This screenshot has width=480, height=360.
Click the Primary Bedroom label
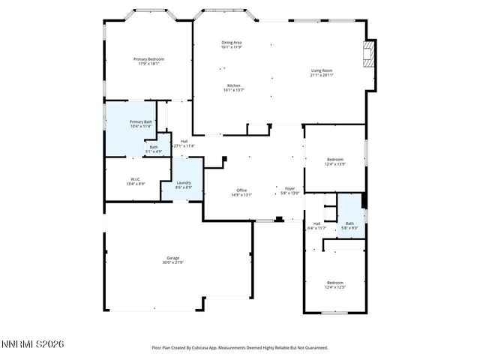pos(148,59)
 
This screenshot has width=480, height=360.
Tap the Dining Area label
pos(231,43)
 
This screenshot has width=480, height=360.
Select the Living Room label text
pos(322,71)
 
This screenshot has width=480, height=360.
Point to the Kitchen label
pos(233,85)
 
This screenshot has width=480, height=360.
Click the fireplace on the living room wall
pos(367,55)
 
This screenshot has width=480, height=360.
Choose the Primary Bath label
pos(141,121)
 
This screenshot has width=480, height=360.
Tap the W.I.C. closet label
pos(136,179)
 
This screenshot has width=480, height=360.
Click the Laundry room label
pos(184,183)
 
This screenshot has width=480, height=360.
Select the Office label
pos(241,190)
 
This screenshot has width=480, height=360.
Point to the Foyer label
pos(289,188)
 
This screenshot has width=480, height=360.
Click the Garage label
pos(172,258)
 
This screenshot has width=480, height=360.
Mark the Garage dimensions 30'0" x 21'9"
pos(172,262)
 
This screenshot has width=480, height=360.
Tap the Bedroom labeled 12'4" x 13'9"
pos(334,160)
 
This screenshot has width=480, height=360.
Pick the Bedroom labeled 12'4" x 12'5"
pos(334,283)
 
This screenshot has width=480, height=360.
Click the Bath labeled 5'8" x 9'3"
pos(349,223)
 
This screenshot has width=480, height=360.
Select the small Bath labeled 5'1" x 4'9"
pos(154,147)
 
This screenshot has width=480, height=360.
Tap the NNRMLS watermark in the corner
pos(33,343)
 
